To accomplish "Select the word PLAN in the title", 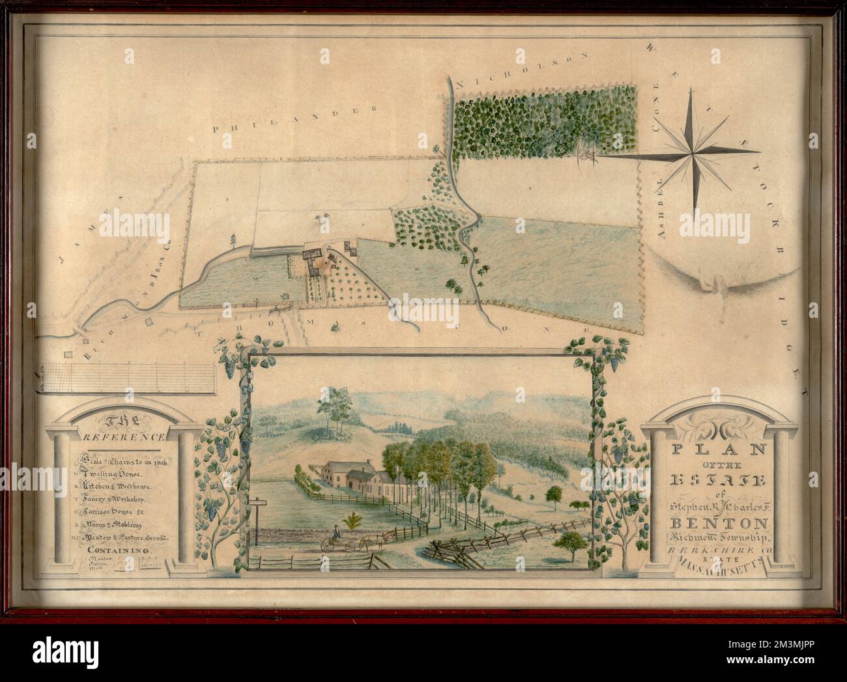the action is coord(710,449).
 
